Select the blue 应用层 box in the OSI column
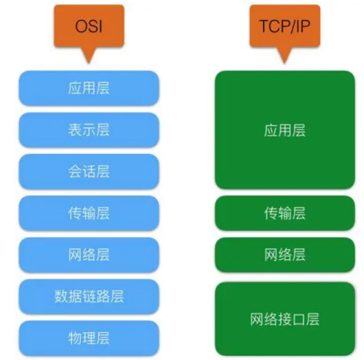click(x=89, y=89)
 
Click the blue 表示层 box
click(x=89, y=130)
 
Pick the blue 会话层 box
click(x=89, y=171)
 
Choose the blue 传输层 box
click(x=89, y=214)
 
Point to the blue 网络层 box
click(x=89, y=255)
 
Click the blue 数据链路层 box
click(x=89, y=296)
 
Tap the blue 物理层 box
click(x=89, y=338)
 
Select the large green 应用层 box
click(x=285, y=130)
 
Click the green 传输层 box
click(x=285, y=214)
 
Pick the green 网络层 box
click(x=285, y=255)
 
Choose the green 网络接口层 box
click(x=285, y=319)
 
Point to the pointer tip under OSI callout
click(x=89, y=64)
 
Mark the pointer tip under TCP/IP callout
click(x=285, y=64)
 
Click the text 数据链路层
click(x=89, y=296)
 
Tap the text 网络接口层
click(x=285, y=319)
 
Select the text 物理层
click(x=89, y=338)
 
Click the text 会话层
click(x=89, y=171)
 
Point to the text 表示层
click(x=89, y=130)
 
